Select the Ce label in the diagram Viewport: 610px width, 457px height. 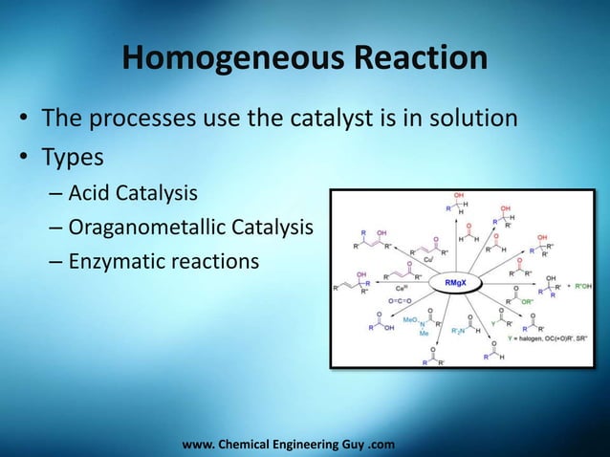tap(399, 287)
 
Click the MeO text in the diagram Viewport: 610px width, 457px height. tap(410, 317)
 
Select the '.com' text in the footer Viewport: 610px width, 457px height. tap(381, 445)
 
